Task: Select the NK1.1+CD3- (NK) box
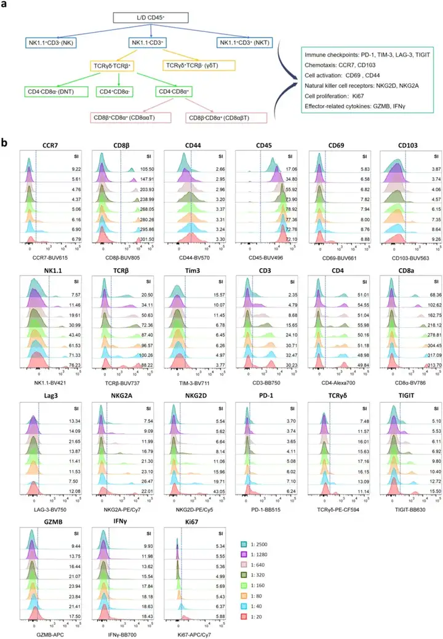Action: [58, 42]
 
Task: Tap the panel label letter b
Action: [6, 143]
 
